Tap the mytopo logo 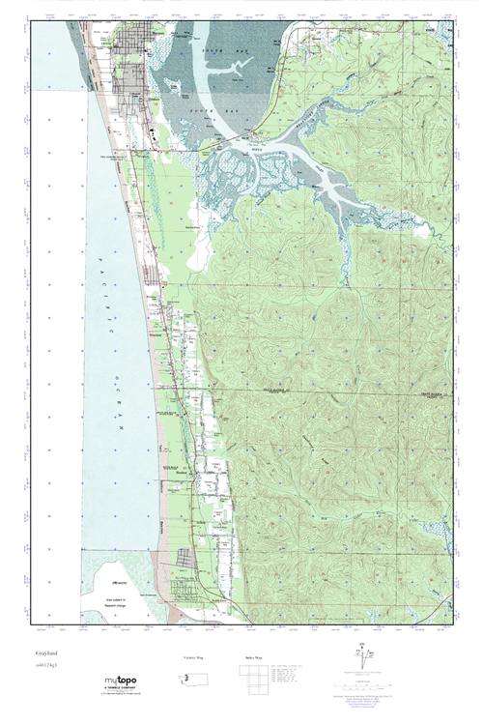120,681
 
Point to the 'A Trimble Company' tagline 122,689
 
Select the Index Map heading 249,657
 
